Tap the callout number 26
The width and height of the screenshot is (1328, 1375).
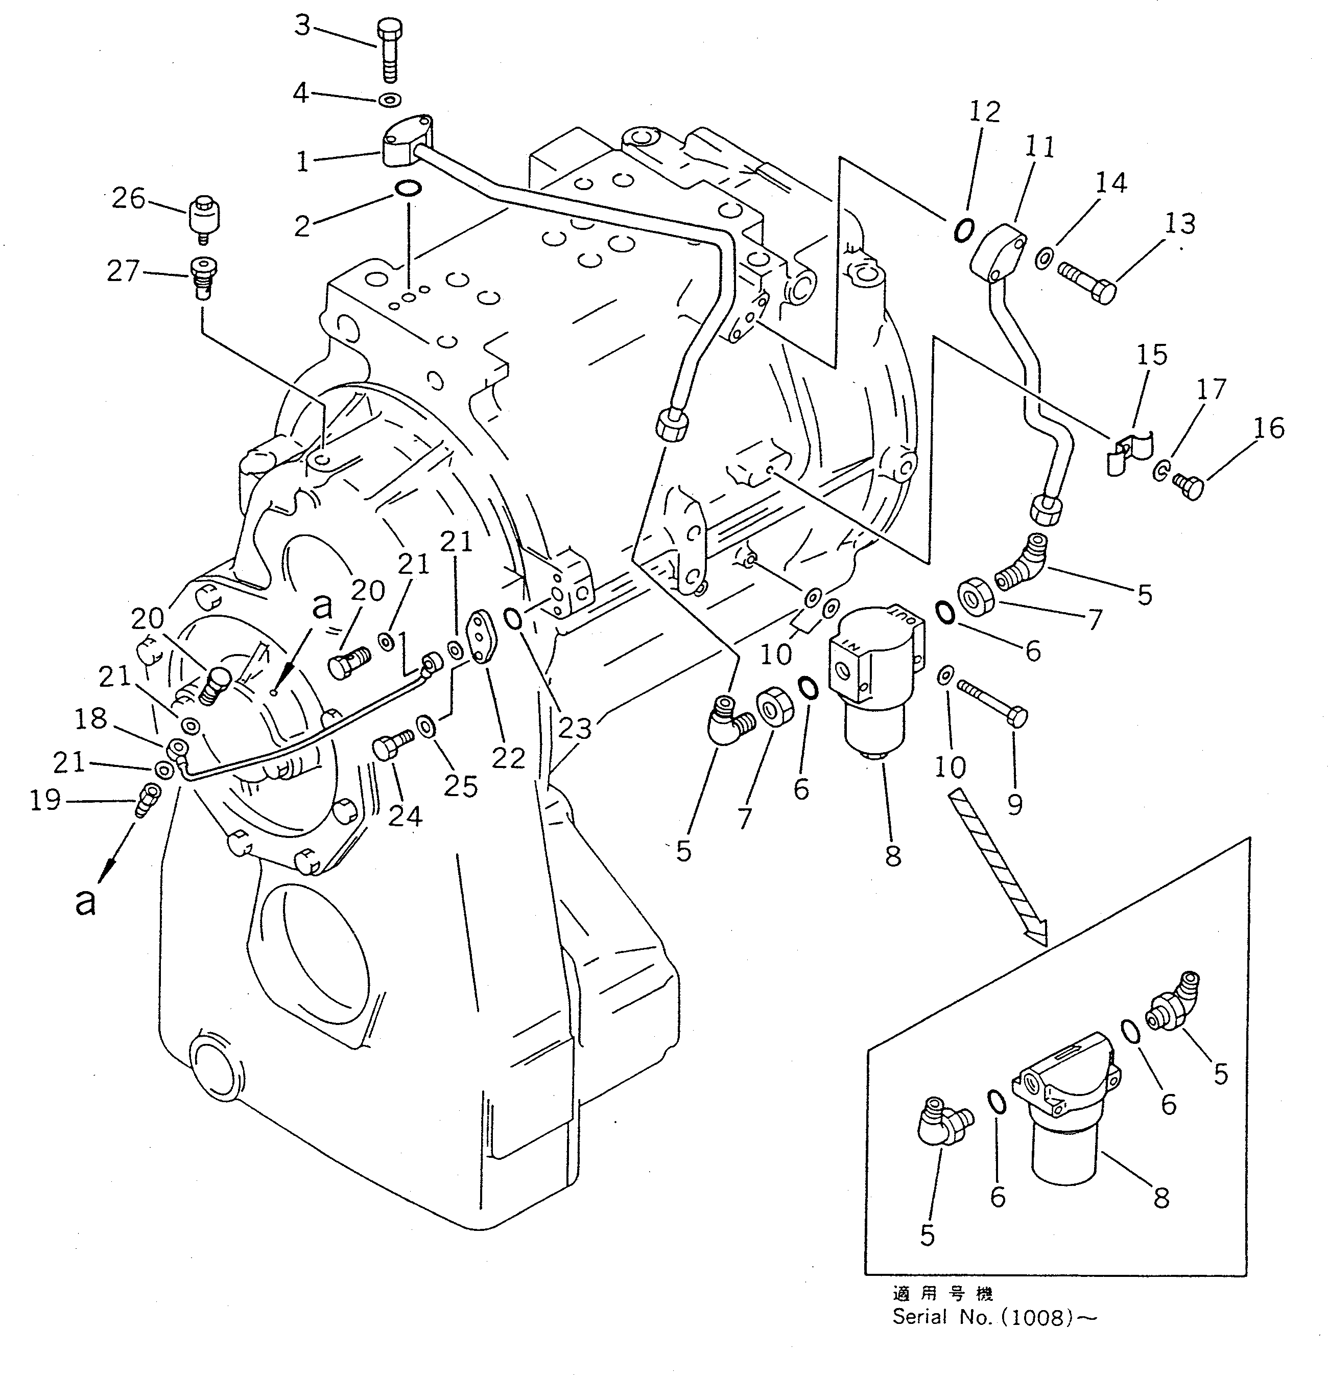128,199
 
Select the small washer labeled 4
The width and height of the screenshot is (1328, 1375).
389,100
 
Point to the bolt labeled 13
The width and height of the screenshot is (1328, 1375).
1086,281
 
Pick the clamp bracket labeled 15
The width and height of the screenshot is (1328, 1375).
1128,453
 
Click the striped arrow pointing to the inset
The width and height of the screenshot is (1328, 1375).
997,867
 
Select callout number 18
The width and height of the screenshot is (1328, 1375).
90,718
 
